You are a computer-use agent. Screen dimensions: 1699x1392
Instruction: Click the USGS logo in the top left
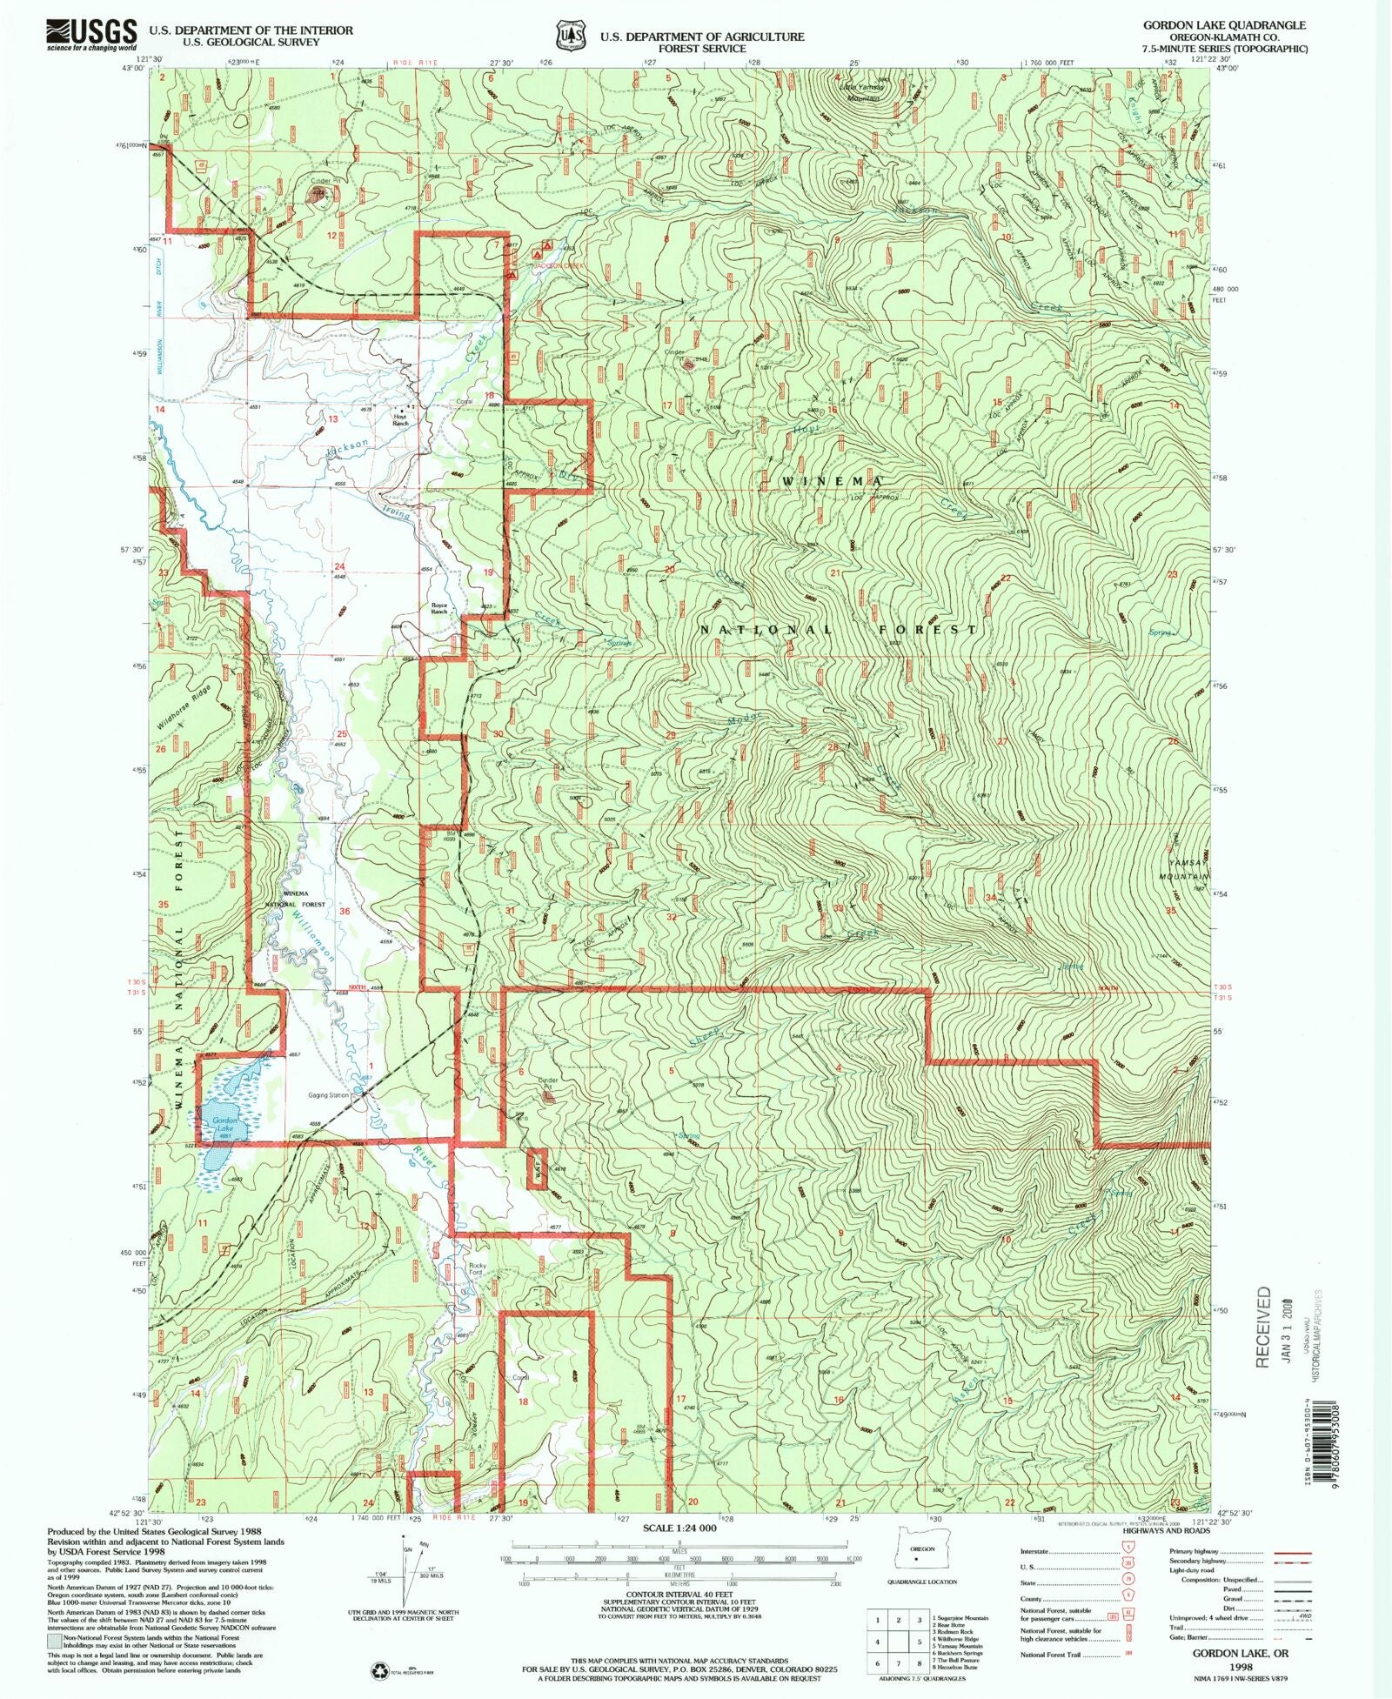(91, 34)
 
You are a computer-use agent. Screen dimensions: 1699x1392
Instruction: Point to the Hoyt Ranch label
(400, 420)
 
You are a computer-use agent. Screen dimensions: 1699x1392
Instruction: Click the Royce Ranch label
(438, 608)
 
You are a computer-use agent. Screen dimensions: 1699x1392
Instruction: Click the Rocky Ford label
(476, 1269)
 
